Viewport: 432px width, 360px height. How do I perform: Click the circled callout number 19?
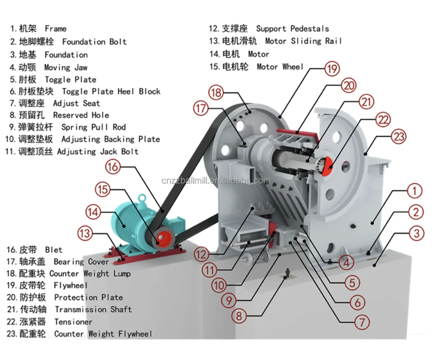click(332, 68)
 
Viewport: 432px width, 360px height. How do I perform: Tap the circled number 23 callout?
click(398, 137)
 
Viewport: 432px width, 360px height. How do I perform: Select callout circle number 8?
click(239, 316)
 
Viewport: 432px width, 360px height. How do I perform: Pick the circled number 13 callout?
click(86, 234)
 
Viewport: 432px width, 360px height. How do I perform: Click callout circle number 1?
click(415, 191)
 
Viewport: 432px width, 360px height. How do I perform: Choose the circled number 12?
click(202, 255)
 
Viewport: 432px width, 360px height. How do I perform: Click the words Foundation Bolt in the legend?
click(94, 42)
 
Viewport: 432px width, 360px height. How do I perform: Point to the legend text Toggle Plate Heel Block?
click(111, 91)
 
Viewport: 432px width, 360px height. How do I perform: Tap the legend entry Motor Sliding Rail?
click(303, 41)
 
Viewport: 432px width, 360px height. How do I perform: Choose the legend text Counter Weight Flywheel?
click(103, 334)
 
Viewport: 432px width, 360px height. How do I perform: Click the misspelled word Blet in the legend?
click(54, 249)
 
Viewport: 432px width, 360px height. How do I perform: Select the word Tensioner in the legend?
click(73, 321)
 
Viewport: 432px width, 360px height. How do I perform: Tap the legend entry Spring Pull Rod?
click(93, 127)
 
